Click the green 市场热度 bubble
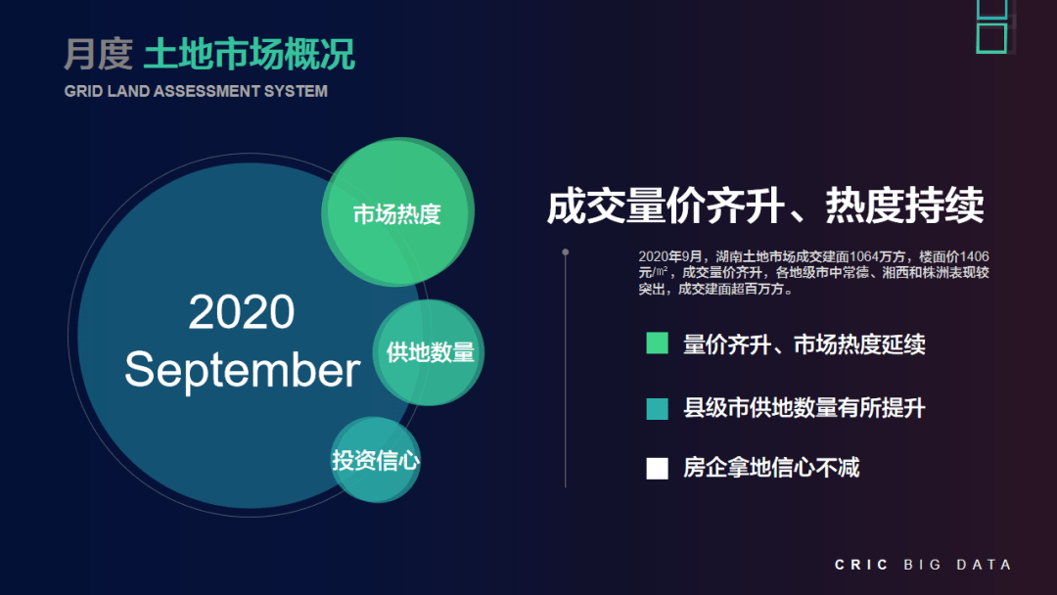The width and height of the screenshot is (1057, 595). click(x=397, y=213)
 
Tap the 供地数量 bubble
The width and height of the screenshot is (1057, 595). click(x=430, y=352)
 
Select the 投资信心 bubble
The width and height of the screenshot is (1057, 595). click(x=376, y=460)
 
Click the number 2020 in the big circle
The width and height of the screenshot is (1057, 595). click(x=242, y=312)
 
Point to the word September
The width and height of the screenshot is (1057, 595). click(x=242, y=370)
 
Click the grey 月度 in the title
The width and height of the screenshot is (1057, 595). click(x=98, y=55)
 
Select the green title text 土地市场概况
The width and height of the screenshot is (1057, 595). click(x=250, y=55)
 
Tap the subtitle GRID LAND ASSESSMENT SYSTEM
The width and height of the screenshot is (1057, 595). click(x=196, y=91)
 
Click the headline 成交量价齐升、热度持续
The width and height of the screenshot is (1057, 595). click(x=764, y=207)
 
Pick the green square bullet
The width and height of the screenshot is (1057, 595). click(x=657, y=343)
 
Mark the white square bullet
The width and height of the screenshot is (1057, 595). click(x=657, y=468)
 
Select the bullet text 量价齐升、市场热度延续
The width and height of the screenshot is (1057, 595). click(x=804, y=344)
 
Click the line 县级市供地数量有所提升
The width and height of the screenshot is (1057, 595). click(x=804, y=408)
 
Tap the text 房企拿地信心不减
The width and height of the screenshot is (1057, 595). click(x=771, y=468)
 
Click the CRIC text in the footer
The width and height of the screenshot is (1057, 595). click(x=861, y=565)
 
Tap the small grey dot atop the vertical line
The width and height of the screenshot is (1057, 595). click(x=566, y=252)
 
